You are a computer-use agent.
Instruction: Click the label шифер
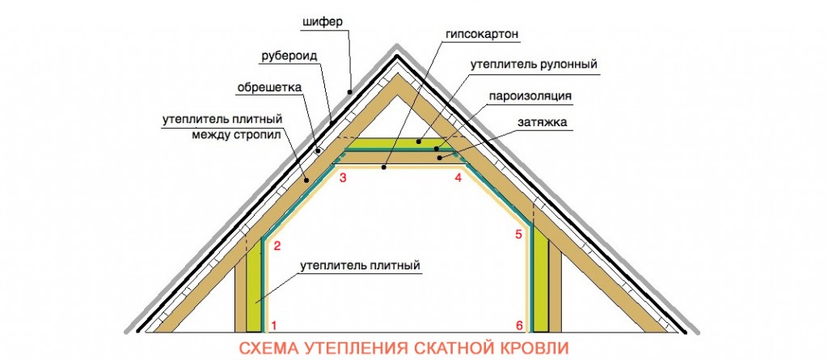pyautogui.click(x=323, y=23)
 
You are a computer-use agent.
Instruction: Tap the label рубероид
pyautogui.click(x=289, y=57)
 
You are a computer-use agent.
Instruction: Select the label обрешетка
pyautogui.click(x=268, y=87)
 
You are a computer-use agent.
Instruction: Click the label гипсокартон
pyautogui.click(x=482, y=34)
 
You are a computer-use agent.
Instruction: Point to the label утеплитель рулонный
pyautogui.click(x=534, y=65)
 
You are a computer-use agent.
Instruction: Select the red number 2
pyautogui.click(x=277, y=246)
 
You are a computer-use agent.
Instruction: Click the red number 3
pyautogui.click(x=343, y=178)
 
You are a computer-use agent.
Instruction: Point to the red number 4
pyautogui.click(x=458, y=178)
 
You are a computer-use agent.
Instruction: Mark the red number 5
pyautogui.click(x=518, y=234)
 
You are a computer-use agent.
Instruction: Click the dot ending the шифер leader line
pyautogui.click(x=349, y=91)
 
